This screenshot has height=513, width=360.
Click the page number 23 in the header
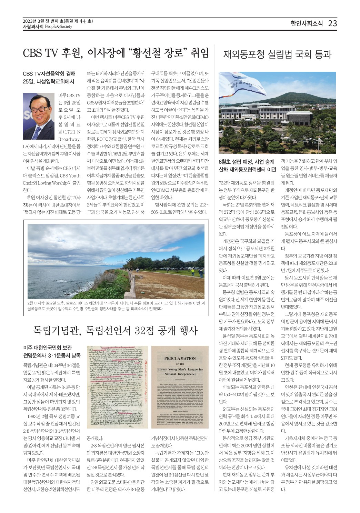tap(332, 23)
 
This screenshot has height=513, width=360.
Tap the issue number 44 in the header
tap(82, 21)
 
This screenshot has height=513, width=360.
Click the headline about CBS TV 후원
tap(116, 53)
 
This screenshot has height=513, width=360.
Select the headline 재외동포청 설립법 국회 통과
tap(277, 54)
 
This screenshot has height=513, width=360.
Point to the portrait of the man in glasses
tap(39, 116)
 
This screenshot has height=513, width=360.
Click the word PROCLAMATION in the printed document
tap(180, 358)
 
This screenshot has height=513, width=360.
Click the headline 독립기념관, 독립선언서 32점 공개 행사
tap(115, 330)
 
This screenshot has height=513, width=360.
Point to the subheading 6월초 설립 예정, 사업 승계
tap(247, 162)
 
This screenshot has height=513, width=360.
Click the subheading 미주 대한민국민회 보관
tap(48, 348)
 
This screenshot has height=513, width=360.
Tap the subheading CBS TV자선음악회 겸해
tap(49, 73)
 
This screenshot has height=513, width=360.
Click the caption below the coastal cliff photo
tap(116, 306)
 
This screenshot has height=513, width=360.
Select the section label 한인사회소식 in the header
tap(307, 23)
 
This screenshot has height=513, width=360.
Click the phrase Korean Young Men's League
tap(180, 369)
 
